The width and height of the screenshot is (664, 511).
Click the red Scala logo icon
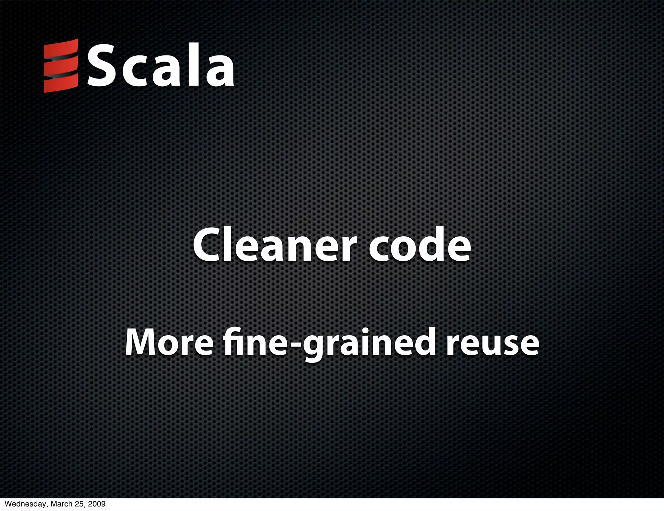(x=61, y=66)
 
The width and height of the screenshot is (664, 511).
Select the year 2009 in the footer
(x=96, y=504)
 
